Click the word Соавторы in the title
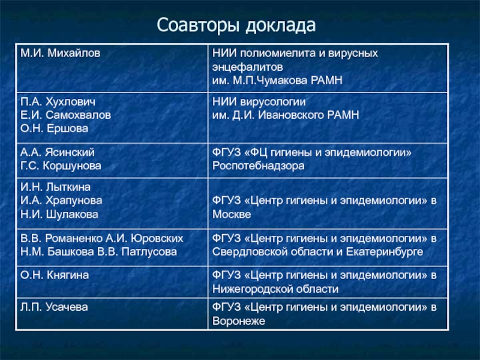pos(198,25)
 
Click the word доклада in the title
pos(280,26)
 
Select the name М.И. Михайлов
pos(61,53)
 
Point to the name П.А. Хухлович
pos(58,101)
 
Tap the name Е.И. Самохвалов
pos(65,115)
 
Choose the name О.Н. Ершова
pos(54,128)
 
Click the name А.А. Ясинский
pos(58,152)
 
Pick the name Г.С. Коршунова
pos(61,166)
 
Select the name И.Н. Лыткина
pos(55,187)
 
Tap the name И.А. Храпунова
pos(61,200)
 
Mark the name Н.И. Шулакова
pos(59,214)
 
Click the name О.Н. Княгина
pos(55,275)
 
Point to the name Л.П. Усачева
pos(54,307)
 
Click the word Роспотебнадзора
pos(259,166)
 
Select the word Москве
pos(232,214)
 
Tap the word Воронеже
pos(238,321)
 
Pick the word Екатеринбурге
pos(385,252)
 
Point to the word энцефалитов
pos(247,67)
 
